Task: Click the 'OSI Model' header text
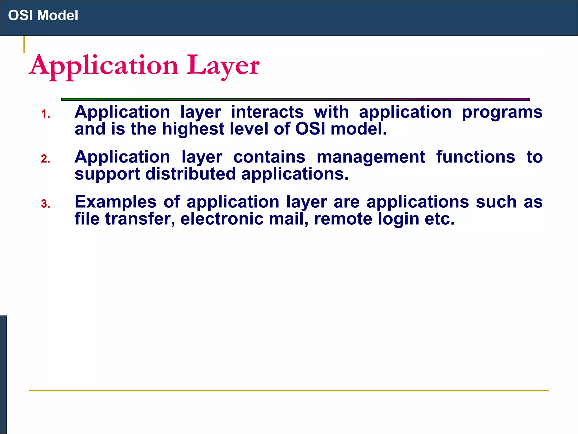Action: (x=43, y=15)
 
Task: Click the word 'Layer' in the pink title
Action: (x=223, y=66)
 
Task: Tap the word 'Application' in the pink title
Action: (x=104, y=66)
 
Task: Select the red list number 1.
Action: (x=45, y=114)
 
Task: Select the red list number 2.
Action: (x=45, y=159)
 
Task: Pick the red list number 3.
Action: (x=45, y=204)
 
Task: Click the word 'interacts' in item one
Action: (x=267, y=112)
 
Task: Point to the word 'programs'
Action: (x=502, y=112)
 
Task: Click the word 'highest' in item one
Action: (x=193, y=129)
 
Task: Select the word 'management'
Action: (x=371, y=157)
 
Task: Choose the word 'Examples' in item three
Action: (x=115, y=202)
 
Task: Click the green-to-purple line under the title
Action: (x=295, y=99)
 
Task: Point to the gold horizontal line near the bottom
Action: (x=289, y=390)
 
